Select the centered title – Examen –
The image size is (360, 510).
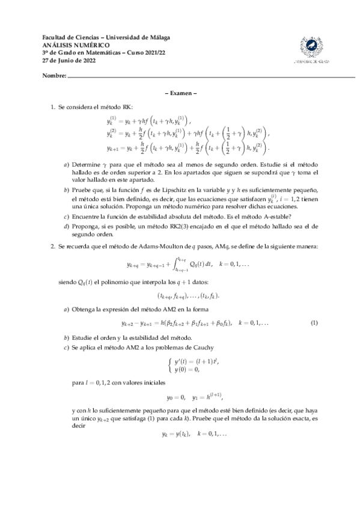180,93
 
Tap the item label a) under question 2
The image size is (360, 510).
66,309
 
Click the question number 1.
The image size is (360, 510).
53,106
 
